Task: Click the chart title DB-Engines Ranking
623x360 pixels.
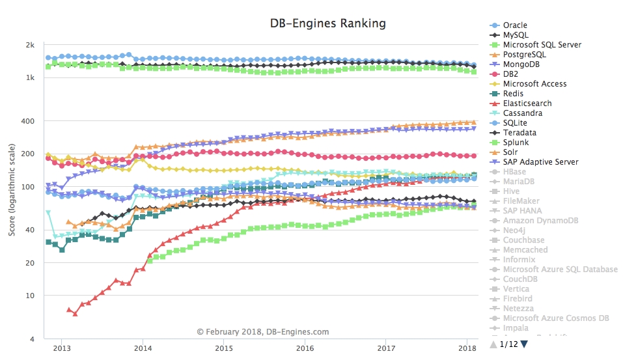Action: click(327, 23)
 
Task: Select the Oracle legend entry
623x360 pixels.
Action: click(515, 25)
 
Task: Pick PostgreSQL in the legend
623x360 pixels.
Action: click(525, 55)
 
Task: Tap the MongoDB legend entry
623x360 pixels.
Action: click(524, 64)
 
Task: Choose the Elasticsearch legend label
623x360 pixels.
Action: click(527, 104)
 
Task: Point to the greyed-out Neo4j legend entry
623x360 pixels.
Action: click(515, 230)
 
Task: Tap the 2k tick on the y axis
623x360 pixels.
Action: click(30, 45)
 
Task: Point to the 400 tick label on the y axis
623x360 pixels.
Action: click(28, 121)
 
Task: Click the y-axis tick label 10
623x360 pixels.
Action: click(30, 296)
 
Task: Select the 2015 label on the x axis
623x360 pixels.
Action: click(224, 348)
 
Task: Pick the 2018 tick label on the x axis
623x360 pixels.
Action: click(467, 348)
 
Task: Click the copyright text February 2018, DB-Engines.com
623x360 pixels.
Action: click(263, 332)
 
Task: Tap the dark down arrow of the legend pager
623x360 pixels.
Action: click(524, 344)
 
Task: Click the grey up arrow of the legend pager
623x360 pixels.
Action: click(493, 344)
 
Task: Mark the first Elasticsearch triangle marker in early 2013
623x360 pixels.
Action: click(69, 309)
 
